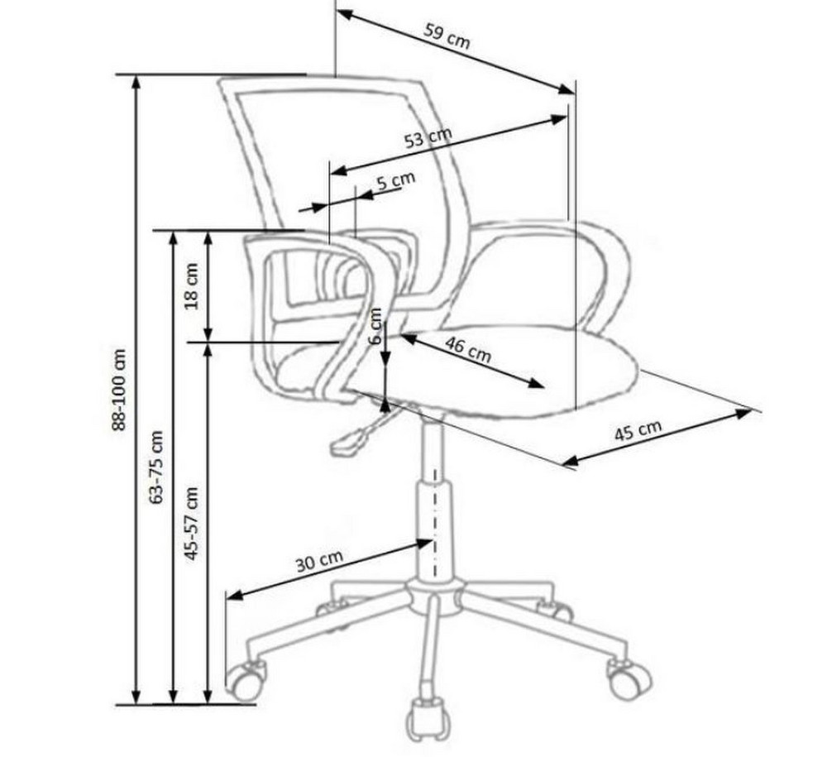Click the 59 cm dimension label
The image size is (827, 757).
(x=447, y=36)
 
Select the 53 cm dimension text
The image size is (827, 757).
(x=428, y=137)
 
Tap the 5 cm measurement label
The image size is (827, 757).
(x=396, y=181)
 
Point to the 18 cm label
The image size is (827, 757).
(x=191, y=285)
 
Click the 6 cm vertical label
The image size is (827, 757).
(x=375, y=325)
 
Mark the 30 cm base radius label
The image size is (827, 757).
(x=319, y=561)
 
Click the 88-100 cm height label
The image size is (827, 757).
(x=120, y=390)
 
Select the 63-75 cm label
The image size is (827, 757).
(x=157, y=467)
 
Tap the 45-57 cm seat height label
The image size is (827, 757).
(x=191, y=524)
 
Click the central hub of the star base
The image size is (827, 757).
(x=435, y=597)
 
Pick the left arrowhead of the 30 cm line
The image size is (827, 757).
(x=235, y=596)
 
